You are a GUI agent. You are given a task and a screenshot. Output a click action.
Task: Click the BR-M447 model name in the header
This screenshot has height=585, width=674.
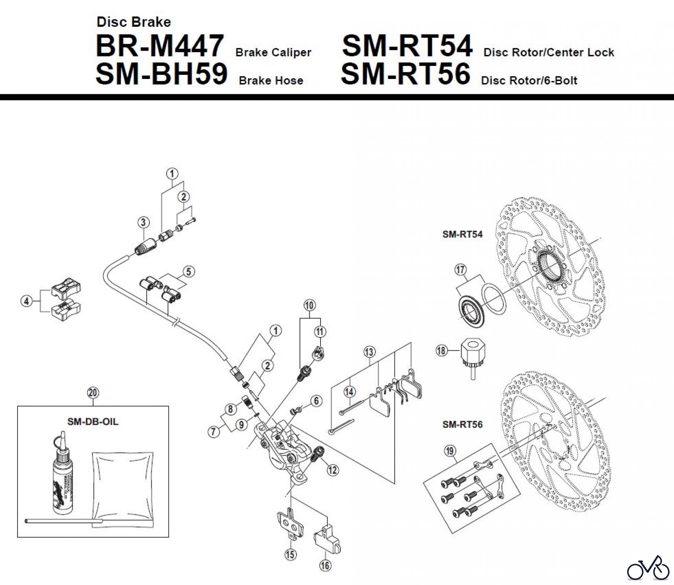coord(160,46)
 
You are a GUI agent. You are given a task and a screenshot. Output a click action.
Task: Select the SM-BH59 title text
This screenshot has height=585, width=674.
coord(161,74)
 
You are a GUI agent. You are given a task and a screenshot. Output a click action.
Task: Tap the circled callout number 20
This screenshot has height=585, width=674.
coord(93,393)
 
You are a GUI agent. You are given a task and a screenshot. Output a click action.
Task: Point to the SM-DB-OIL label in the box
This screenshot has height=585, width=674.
coord(93,421)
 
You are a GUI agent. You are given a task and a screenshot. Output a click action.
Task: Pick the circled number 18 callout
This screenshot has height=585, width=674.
coord(442,351)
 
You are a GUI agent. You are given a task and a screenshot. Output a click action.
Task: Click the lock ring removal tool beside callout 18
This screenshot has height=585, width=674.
coord(470,357)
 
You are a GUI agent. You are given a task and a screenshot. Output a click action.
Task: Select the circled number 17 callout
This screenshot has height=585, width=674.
coord(460,269)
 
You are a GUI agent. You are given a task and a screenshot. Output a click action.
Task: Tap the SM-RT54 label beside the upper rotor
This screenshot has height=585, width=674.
coord(462,234)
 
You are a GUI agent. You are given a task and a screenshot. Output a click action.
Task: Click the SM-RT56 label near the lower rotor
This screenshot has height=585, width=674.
coord(462,424)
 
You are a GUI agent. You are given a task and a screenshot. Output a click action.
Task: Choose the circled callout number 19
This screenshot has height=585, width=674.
coord(450,451)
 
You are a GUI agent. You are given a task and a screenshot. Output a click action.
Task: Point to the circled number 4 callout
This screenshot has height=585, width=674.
coord(26,301)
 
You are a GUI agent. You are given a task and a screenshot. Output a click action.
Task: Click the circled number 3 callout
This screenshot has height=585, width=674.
coord(143,222)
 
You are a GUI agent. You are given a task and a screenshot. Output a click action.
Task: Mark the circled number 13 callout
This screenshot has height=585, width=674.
coord(369,352)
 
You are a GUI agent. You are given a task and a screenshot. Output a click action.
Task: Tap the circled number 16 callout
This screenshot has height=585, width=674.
coord(325,565)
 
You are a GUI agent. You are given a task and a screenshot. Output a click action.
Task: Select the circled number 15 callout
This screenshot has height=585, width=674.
coord(291,554)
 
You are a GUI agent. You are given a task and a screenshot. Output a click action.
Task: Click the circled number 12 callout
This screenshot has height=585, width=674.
coord(333,469)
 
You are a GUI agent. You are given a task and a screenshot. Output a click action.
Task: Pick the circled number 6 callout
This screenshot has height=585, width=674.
coord(316,401)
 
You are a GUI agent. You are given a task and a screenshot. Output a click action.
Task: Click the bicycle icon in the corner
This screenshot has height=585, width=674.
coord(648,569)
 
